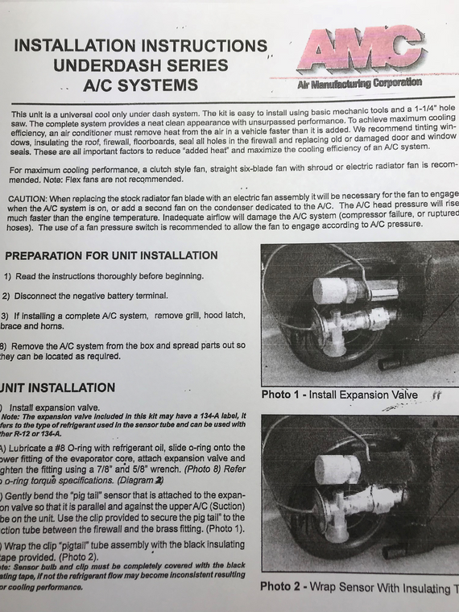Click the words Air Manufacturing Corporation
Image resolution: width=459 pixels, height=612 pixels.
coord(359,82)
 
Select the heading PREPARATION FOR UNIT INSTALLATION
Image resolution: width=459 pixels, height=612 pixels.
coord(111,255)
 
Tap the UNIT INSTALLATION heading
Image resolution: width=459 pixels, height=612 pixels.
coord(60,388)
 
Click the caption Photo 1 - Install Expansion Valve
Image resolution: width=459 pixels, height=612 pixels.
coord(339,395)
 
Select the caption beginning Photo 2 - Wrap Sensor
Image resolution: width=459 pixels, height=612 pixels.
coord(354,587)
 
